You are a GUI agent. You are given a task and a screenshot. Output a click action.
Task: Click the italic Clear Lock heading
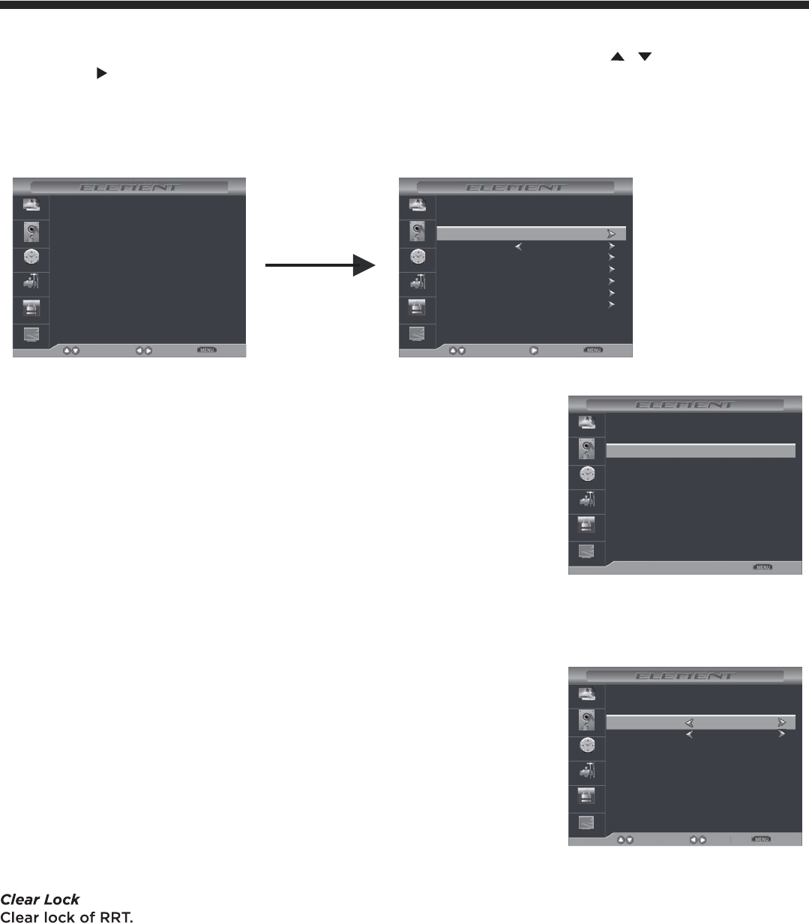tap(40, 899)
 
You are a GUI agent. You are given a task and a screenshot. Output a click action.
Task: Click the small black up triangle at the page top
tap(618, 58)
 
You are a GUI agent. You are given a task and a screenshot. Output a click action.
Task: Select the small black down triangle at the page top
tap(644, 58)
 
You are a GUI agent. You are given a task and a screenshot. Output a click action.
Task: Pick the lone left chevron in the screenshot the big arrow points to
tap(518, 246)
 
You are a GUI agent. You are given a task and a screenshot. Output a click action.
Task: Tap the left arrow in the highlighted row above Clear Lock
tap(689, 723)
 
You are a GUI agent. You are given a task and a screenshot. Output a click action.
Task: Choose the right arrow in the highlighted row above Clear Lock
tap(782, 723)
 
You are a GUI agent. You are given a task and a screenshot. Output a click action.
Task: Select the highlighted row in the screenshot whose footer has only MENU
tap(700, 450)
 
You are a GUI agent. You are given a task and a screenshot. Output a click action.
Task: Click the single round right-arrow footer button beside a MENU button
tap(535, 350)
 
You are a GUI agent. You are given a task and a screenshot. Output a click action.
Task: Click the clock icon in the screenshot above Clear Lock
tap(588, 748)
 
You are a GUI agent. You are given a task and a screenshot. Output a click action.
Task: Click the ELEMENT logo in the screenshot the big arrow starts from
tap(130, 187)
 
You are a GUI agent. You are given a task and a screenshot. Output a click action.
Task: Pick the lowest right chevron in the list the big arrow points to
tap(612, 305)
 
